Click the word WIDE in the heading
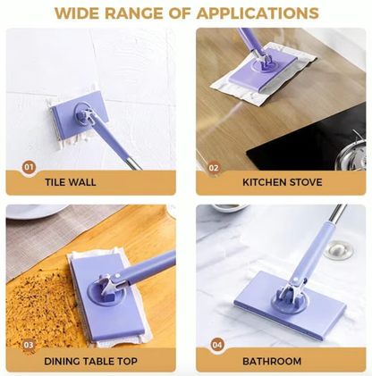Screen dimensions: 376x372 (79, 13)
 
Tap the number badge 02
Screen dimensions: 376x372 (214, 167)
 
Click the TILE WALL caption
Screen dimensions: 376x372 (72, 182)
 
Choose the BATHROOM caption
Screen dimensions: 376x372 (271, 361)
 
